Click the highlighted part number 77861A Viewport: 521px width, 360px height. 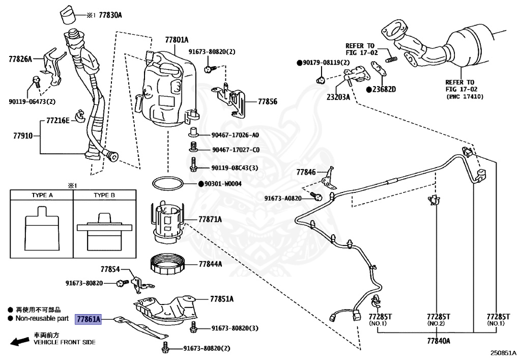pos(88,319)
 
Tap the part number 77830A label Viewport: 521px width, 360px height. pos(110,15)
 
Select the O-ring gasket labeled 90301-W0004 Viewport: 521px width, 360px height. pos(168,184)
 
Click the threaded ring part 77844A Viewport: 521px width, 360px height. pos(168,264)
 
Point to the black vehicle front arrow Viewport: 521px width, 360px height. pos(20,341)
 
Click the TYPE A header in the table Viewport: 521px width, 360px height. pos(42,195)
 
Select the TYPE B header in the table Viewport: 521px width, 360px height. pos(104,195)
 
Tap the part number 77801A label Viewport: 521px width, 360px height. pos(177,40)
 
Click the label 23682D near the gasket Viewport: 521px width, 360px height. pos(384,90)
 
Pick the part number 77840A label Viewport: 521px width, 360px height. pos(439,341)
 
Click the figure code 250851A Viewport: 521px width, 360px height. pos(503,353)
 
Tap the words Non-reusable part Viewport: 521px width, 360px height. pos(42,318)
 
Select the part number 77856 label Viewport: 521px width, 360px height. pos(268,101)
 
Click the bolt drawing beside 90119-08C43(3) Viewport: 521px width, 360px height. pos(193,164)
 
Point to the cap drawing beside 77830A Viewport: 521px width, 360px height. pos(68,15)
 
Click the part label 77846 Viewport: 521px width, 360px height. pos(306,172)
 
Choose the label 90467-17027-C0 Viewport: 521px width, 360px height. pos(236,150)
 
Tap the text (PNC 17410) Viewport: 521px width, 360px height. pos(465,96)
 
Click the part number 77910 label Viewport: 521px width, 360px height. pos(23,135)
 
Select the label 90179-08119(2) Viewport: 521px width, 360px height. pos(326,63)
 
